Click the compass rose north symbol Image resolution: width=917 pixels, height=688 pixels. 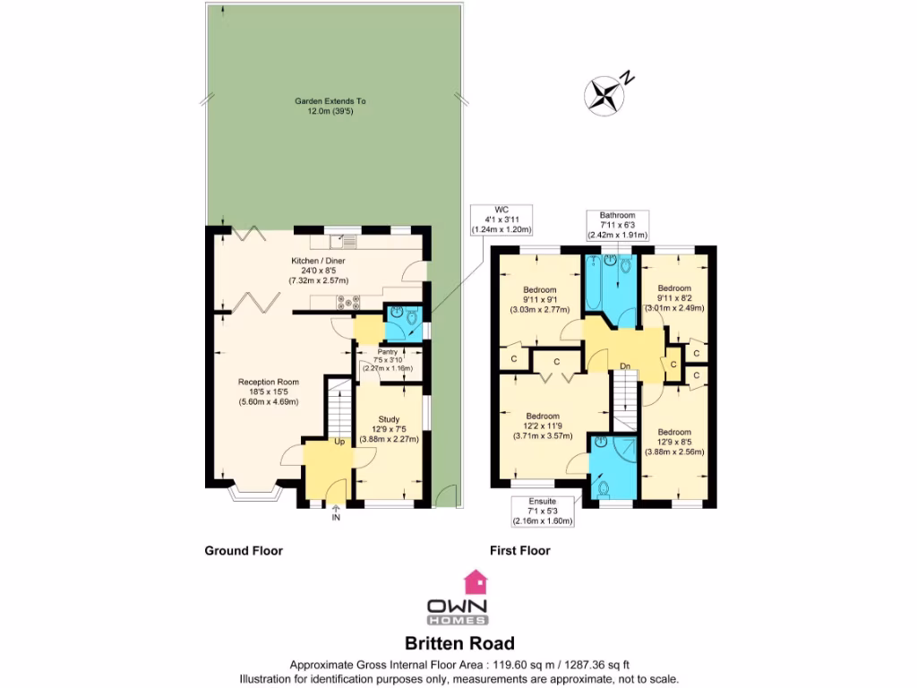coord(605,94)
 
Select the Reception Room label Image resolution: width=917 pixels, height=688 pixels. coord(268,391)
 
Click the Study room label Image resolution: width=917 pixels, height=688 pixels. coord(389,429)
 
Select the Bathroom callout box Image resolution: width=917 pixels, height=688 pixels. coord(617,225)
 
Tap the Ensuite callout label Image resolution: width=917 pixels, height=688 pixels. coord(542,511)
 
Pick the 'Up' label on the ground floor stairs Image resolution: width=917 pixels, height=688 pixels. coord(339,442)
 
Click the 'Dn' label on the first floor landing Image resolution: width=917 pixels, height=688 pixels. coord(625,365)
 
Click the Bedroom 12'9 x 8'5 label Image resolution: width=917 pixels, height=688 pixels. coord(674,442)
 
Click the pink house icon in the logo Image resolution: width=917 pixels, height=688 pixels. coord(474,581)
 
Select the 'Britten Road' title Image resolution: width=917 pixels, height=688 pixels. coord(459,643)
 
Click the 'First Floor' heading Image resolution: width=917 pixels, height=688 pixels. coord(519,551)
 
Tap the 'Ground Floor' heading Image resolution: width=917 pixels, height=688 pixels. coord(244,551)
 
